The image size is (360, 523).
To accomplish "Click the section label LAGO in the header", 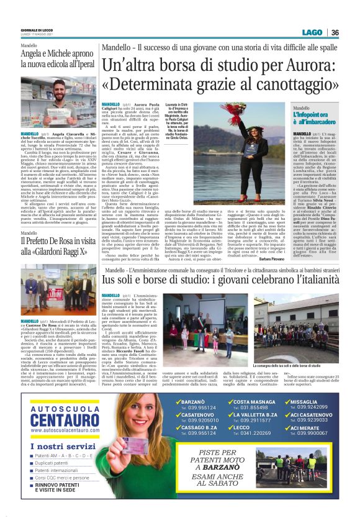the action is pos(313,33).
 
